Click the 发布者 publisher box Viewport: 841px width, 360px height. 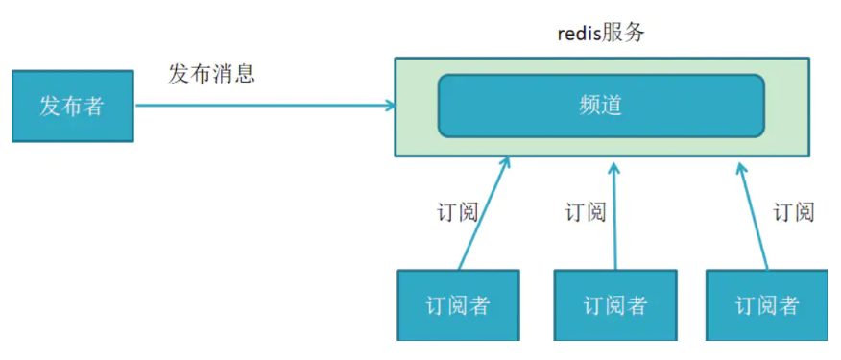72,107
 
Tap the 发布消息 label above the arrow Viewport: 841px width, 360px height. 212,74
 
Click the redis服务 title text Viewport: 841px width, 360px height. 601,34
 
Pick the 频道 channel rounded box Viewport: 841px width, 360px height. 601,106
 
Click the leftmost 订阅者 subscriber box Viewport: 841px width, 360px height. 458,304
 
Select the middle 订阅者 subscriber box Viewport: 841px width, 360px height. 615,304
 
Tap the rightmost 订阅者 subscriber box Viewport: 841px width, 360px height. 767,304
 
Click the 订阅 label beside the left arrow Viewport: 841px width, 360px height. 457,212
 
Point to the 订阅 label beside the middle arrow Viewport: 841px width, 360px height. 586,212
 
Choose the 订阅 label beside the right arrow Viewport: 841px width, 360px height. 794,212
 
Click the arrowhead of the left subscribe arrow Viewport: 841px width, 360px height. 506,162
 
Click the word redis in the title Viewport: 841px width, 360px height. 579,35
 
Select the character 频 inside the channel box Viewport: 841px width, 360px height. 590,106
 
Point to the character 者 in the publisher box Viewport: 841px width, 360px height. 93,107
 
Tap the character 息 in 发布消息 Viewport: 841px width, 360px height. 245,74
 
